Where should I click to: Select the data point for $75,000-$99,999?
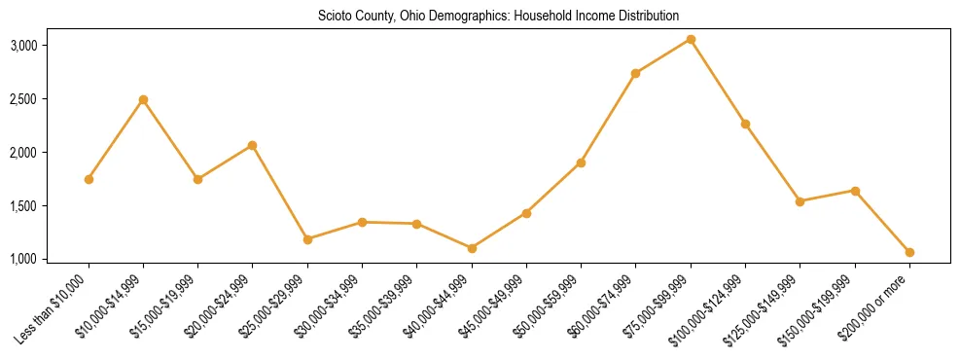691,39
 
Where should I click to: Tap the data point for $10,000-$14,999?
143,99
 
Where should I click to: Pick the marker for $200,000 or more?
909,252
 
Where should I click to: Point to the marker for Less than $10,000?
89,179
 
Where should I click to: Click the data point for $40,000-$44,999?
472,248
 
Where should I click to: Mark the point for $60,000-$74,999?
636,73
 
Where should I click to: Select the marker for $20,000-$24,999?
253,145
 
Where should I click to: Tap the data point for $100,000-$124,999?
745,124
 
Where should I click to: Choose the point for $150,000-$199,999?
855,191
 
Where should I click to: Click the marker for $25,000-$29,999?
307,238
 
